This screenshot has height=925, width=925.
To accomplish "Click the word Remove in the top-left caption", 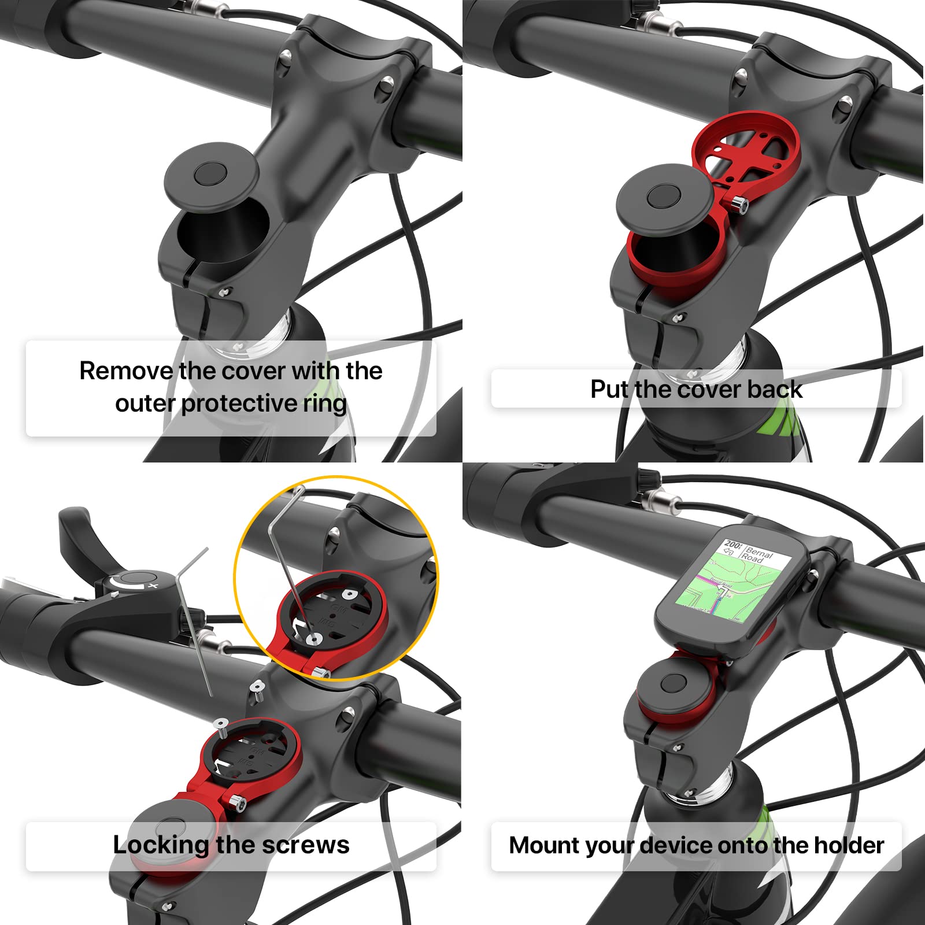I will pyautogui.click(x=126, y=371).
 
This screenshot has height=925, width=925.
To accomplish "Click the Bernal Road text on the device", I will pyautogui.click(x=757, y=554).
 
